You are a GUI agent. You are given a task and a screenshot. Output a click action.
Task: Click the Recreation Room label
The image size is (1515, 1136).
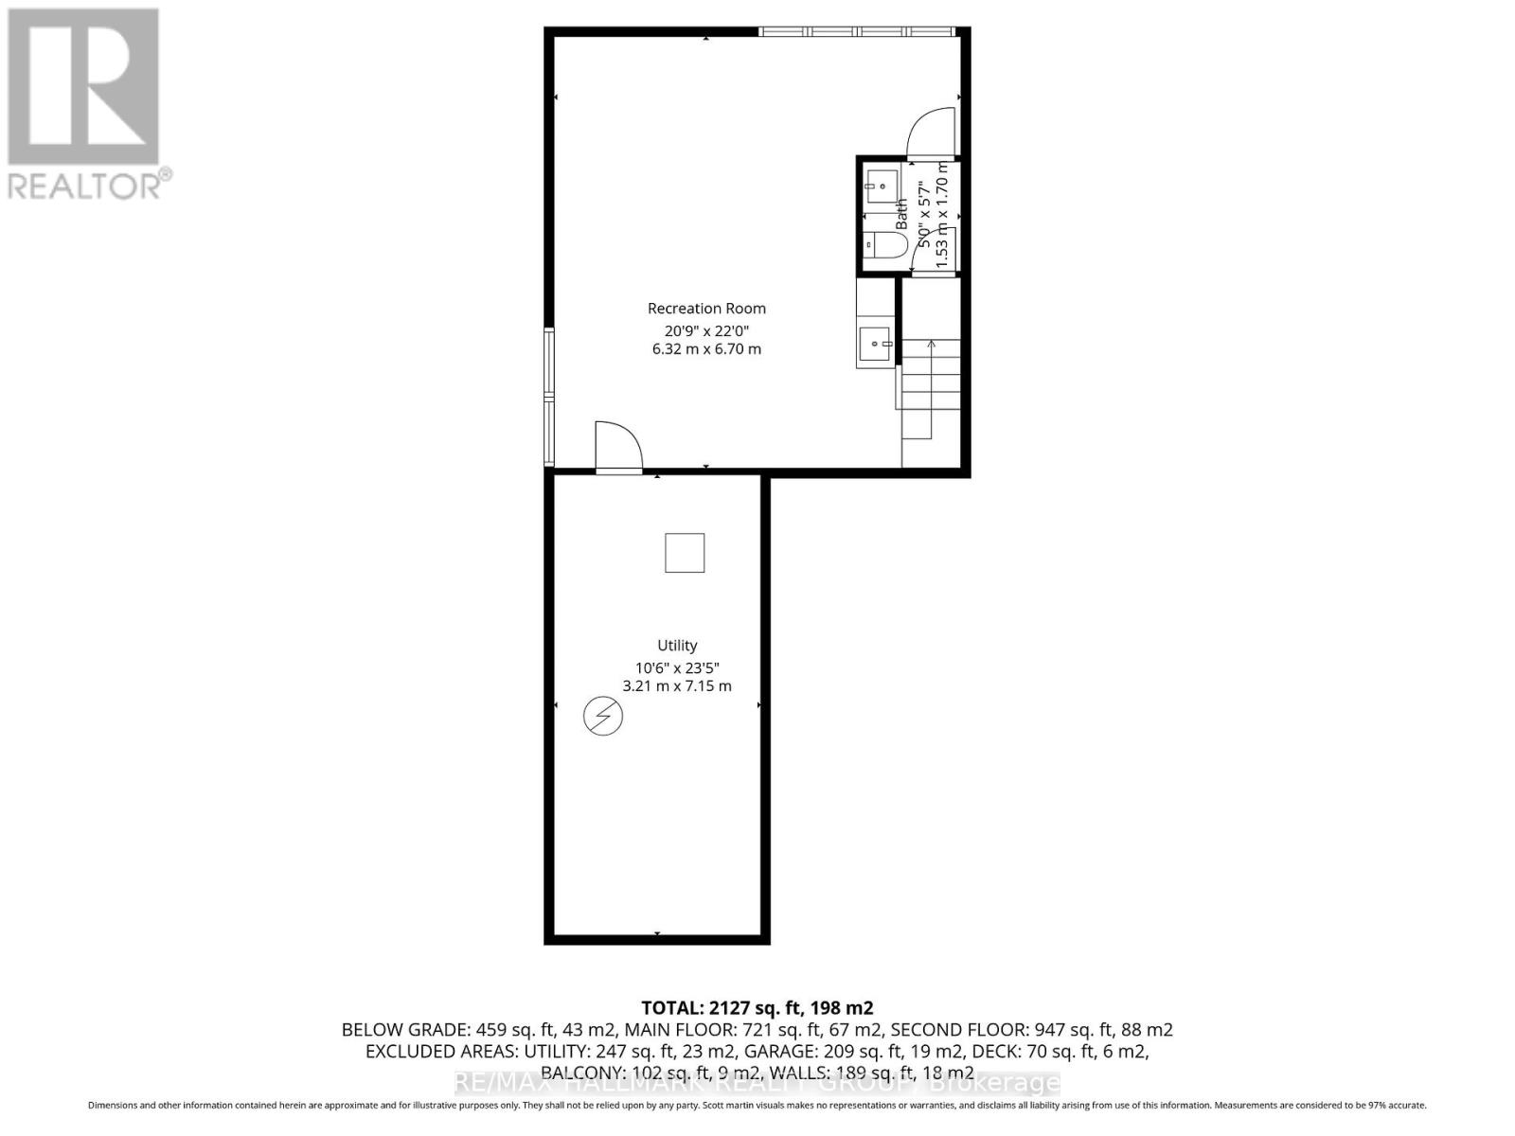(706, 309)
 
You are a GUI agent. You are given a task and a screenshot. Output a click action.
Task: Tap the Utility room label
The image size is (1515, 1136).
(677, 646)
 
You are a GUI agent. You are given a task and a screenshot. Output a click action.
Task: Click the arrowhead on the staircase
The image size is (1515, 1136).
(931, 344)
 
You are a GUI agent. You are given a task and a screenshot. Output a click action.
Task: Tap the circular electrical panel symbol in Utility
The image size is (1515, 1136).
(602, 717)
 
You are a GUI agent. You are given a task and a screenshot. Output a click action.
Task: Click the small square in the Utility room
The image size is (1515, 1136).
(684, 553)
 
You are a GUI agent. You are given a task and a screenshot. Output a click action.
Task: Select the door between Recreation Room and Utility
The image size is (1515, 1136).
(617, 447)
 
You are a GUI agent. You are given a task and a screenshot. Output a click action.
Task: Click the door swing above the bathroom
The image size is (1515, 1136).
(932, 133)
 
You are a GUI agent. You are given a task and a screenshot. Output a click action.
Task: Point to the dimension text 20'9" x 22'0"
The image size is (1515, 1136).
(706, 330)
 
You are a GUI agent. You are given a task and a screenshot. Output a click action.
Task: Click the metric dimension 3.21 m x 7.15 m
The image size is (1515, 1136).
(676, 686)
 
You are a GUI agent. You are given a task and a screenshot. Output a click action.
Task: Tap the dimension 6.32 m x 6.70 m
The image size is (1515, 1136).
(706, 349)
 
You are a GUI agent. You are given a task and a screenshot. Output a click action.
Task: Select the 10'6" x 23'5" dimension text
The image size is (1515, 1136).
(677, 666)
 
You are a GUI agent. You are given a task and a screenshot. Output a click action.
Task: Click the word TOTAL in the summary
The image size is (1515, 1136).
(670, 1008)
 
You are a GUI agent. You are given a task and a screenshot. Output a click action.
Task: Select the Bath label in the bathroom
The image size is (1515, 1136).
(901, 212)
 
